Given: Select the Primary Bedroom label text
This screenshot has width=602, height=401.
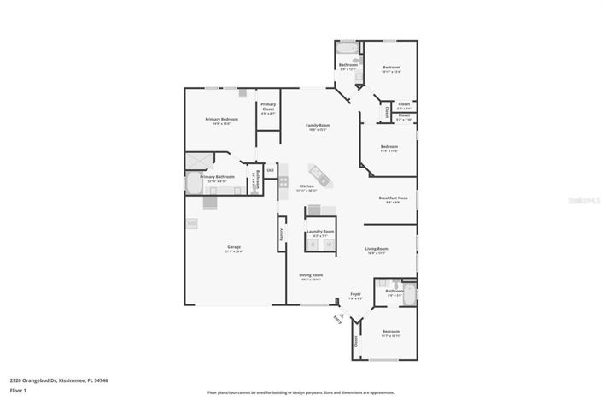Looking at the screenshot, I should coord(221,121).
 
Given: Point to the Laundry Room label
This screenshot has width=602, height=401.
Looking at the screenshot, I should coord(319,233).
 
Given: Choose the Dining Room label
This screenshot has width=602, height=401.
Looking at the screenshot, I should coord(310,277).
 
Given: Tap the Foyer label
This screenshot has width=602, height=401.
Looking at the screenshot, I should coord(356,296).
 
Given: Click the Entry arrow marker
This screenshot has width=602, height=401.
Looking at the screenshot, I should coord(337,320).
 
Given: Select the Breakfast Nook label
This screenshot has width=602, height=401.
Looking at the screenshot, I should coord(393,200).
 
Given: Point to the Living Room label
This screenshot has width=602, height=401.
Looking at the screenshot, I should coord(377,251).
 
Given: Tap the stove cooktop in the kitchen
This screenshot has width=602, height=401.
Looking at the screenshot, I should coord(283,181).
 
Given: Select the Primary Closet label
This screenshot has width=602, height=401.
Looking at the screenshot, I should coord(268,109).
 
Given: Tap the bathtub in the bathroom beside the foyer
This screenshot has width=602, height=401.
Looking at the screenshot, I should coord(409,295).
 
